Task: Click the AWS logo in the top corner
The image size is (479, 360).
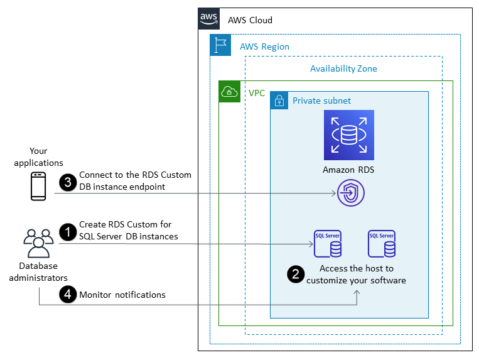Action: [x=209, y=19]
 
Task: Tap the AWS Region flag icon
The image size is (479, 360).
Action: [x=220, y=45]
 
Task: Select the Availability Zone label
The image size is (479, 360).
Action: [x=343, y=68]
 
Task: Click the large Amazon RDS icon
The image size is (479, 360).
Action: [x=348, y=134]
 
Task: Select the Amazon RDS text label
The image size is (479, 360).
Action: [x=348, y=170]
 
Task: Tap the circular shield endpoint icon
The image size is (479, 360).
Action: [x=349, y=193]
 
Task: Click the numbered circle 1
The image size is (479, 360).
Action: [x=67, y=231]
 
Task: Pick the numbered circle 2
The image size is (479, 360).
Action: [x=294, y=274]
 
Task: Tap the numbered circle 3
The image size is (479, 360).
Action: [x=67, y=182]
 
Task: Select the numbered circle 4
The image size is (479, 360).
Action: [x=67, y=294]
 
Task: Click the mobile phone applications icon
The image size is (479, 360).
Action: [x=39, y=186]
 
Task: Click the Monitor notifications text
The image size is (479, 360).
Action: [x=122, y=295]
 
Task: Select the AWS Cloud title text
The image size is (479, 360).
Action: [x=250, y=20]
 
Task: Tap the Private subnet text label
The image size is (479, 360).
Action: [x=321, y=101]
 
